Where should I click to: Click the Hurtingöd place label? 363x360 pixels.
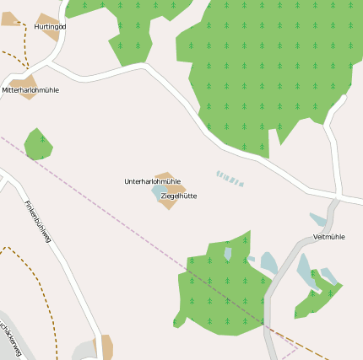[50, 27]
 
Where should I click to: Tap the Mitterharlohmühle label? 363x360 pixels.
[30, 89]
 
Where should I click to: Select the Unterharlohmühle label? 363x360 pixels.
[152, 181]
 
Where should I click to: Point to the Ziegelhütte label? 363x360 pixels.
[178, 196]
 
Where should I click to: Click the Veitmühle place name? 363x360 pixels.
[329, 237]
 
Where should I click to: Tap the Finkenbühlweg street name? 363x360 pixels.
[38, 221]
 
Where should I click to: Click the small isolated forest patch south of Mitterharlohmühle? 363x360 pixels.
[38, 144]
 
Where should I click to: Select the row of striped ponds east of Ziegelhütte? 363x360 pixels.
[230, 179]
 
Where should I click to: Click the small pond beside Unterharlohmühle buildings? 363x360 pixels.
[158, 192]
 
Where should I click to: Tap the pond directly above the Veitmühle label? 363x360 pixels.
[318, 219]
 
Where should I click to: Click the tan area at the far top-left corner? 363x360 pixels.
[10, 18]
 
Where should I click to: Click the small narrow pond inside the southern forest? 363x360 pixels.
[228, 252]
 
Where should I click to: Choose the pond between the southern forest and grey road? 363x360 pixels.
[268, 262]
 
